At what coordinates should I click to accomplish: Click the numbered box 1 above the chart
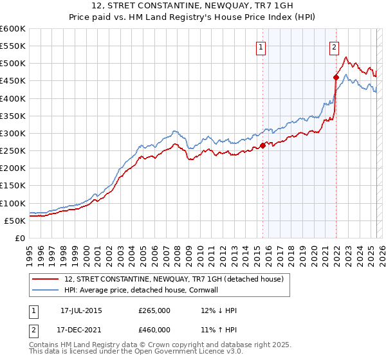tap(261, 46)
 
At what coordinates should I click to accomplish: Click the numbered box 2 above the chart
tap(335, 46)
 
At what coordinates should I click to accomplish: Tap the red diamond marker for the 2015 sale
tap(262, 145)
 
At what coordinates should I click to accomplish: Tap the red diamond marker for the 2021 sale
tap(336, 77)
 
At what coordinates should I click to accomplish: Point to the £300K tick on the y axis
tap(13, 133)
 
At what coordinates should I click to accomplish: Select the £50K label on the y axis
tap(15, 221)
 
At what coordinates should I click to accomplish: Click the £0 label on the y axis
tap(21, 238)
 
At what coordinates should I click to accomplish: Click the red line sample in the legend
tap(45, 279)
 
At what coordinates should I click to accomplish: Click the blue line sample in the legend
tap(45, 290)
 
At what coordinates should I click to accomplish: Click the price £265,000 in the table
tap(154, 310)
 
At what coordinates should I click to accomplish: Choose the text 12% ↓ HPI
tap(219, 310)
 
